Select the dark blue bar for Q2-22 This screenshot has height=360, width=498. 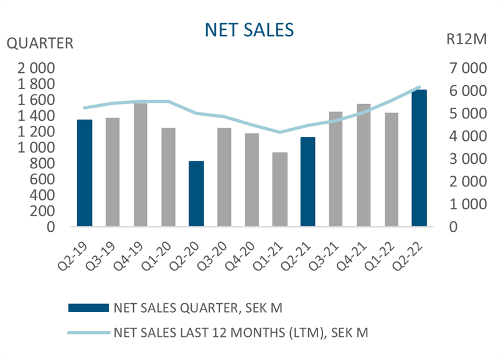(x=420, y=158)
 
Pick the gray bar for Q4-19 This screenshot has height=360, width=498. (x=141, y=165)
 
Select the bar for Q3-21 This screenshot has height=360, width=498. (x=336, y=169)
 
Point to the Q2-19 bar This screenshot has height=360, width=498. (x=85, y=173)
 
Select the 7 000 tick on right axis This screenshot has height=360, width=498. (x=464, y=68)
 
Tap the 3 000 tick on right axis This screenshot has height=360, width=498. (x=464, y=159)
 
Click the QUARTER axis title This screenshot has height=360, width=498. (x=39, y=44)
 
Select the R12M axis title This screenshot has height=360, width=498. (x=464, y=41)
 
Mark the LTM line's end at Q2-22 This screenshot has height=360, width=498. (x=420, y=87)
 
